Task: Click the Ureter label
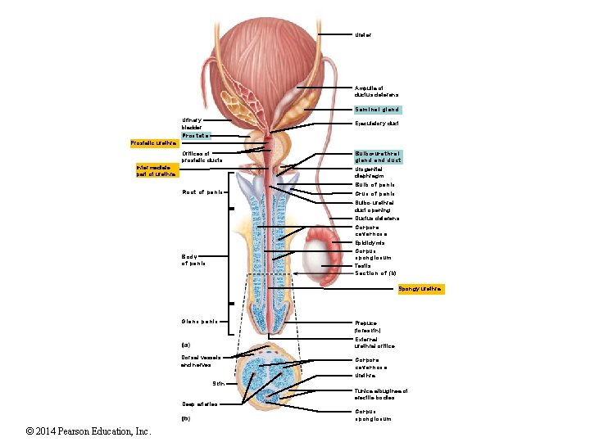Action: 363,35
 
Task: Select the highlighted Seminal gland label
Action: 377,109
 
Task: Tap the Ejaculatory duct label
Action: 376,124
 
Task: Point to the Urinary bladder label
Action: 192,124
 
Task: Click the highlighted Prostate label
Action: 196,135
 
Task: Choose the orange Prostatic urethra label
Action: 153,144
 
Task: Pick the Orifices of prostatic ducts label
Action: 202,156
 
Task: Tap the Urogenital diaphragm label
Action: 374,171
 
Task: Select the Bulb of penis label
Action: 374,185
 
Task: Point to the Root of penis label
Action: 202,192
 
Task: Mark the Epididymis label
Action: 370,243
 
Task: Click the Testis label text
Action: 362,266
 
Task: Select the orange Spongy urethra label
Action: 420,289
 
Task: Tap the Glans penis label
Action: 198,320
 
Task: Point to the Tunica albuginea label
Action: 380,395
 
